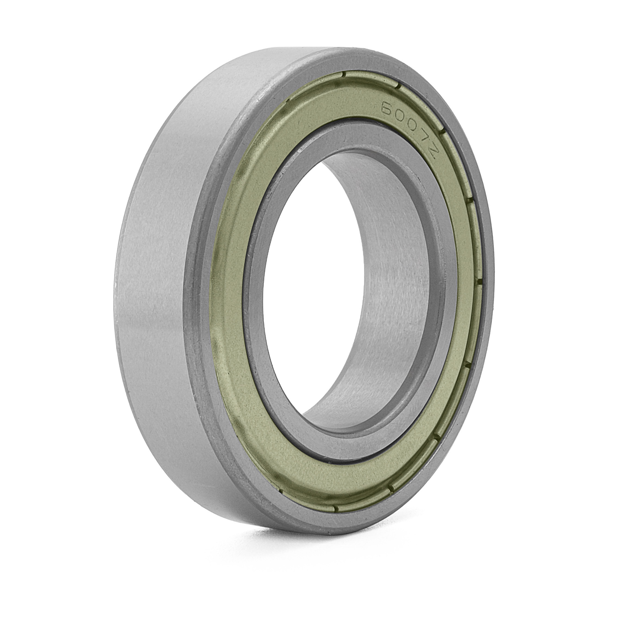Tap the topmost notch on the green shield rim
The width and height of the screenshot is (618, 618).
(x=344, y=74)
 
